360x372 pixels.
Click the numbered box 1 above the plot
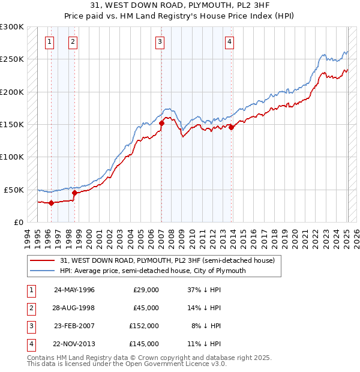[49, 41]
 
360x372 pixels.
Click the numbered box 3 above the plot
[160, 41]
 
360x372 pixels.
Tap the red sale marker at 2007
[161, 124]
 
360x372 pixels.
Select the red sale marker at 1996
[51, 203]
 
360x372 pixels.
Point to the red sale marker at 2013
[231, 127]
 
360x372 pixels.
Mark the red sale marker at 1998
[74, 193]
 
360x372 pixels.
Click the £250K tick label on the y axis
[12, 59]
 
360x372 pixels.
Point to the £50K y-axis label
[14, 190]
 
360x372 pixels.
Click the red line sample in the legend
[42, 260]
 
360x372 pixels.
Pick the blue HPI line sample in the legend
[42, 271]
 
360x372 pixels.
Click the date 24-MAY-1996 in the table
[74, 290]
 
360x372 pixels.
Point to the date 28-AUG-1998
[74, 308]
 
